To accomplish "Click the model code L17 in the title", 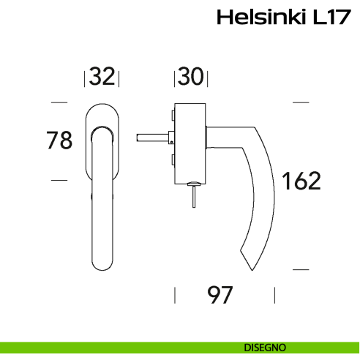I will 326,18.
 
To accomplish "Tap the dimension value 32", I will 102,75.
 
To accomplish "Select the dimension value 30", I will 191,75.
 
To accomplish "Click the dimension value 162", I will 301,180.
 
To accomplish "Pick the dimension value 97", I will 220,296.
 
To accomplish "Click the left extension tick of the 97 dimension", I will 174,296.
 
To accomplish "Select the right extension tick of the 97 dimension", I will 274,296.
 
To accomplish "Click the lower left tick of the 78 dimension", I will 59,179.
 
